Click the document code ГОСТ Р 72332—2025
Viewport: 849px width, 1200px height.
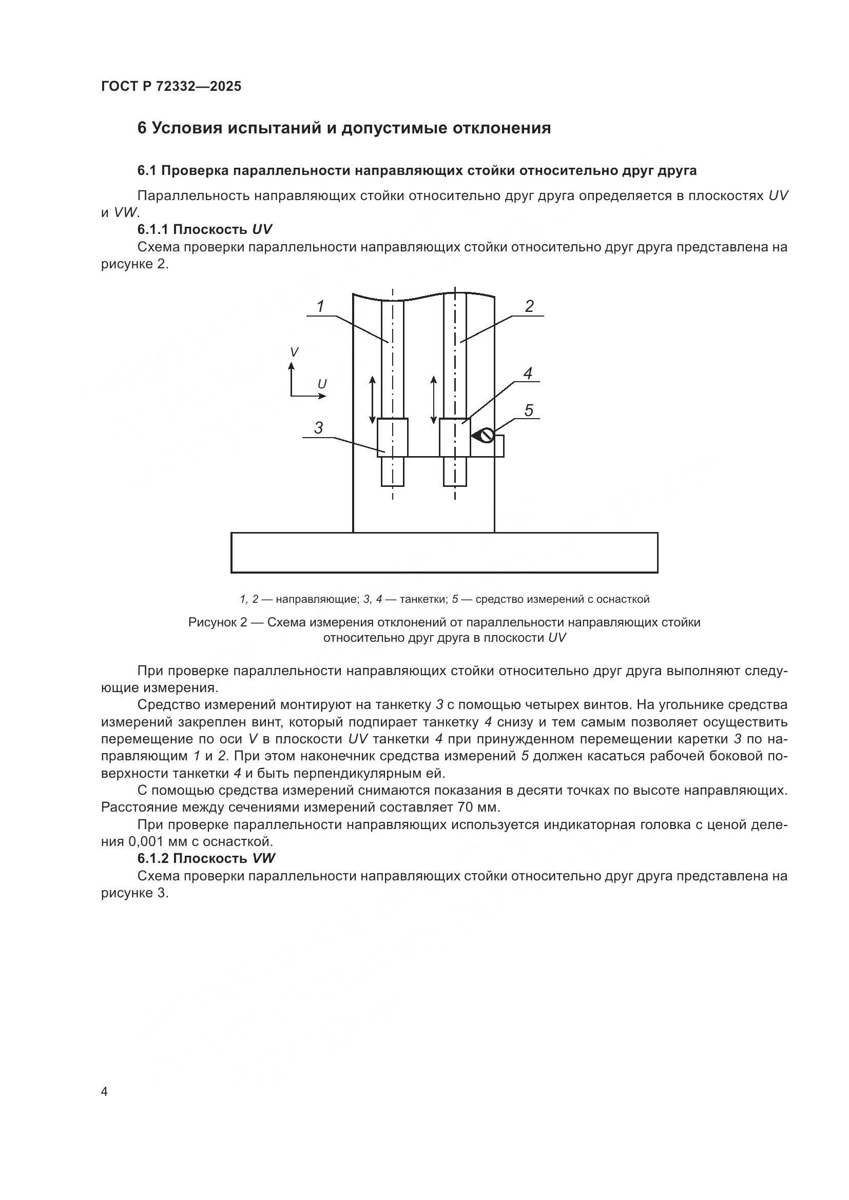(171, 87)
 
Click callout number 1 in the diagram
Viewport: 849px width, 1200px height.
(321, 306)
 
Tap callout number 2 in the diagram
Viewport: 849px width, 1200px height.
(529, 306)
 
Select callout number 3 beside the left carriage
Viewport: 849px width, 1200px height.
(318, 427)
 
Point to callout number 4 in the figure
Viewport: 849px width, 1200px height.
(528, 373)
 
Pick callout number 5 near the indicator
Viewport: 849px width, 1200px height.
(529, 410)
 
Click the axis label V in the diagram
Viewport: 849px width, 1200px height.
(294, 352)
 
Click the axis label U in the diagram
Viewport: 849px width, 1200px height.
(322, 384)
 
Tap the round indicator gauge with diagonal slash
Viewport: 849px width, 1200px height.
(487, 436)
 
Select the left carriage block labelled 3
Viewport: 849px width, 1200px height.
(393, 438)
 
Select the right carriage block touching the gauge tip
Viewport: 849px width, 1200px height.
(454, 438)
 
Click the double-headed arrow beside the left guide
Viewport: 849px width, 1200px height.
(372, 399)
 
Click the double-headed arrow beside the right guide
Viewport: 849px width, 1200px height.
(433, 399)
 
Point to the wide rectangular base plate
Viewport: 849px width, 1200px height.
(444, 553)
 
